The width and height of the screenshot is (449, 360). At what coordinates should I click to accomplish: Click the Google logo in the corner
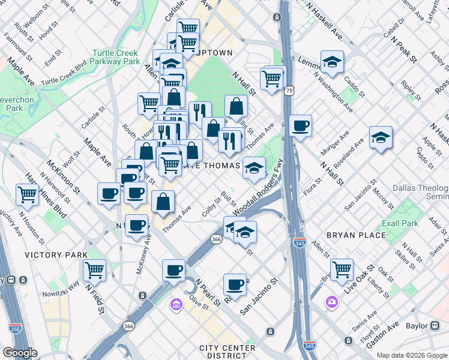(x=19, y=353)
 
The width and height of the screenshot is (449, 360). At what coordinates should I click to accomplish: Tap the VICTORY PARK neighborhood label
(x=56, y=255)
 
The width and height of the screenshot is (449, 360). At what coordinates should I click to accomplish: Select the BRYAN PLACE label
(x=356, y=235)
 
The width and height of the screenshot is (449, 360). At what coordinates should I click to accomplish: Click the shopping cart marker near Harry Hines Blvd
(x=28, y=194)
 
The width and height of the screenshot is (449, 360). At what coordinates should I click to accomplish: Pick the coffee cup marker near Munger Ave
(x=300, y=125)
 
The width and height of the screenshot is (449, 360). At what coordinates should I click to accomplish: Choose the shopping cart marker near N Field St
(x=94, y=269)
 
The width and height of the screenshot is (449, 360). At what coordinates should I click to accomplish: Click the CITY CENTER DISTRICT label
(x=223, y=352)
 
